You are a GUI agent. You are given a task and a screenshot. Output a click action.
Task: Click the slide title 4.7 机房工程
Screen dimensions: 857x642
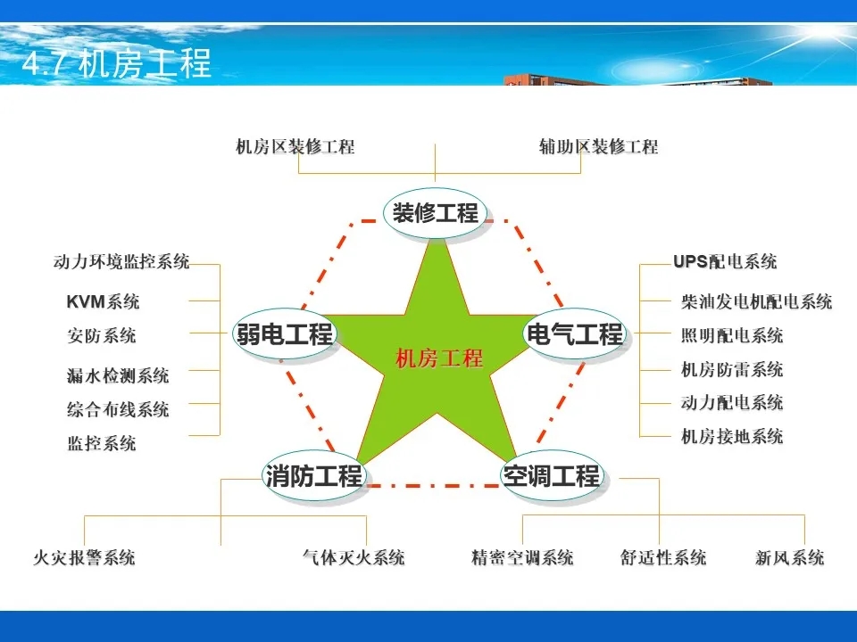point(116,63)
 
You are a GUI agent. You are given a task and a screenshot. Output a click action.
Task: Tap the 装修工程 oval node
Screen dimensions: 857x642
point(435,213)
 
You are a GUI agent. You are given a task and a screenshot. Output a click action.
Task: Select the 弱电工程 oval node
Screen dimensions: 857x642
point(284,333)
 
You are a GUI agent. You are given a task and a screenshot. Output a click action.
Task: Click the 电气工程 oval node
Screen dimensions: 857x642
point(574,333)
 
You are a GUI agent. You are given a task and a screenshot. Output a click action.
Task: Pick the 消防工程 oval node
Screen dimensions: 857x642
point(313,475)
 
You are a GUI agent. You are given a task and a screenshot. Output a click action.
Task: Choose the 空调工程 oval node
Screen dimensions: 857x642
point(552,475)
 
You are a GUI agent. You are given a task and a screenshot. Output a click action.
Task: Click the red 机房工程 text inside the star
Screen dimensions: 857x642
point(439,358)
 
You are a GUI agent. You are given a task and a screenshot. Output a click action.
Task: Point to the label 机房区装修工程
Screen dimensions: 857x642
point(295,146)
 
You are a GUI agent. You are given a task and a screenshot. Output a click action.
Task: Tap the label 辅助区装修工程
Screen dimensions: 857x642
point(598,146)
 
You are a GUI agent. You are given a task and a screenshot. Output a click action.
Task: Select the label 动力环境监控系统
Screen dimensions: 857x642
point(121,261)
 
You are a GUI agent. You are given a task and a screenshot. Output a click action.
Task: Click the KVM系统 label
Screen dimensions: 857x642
point(103,301)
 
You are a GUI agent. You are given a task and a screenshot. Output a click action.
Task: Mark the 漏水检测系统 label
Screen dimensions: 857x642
point(118,375)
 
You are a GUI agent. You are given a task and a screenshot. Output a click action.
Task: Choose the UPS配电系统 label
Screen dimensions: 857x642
point(725,261)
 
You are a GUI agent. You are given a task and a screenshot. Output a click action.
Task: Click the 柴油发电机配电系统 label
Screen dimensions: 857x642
point(756,301)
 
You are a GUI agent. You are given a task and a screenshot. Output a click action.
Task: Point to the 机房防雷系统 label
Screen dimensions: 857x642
point(732,369)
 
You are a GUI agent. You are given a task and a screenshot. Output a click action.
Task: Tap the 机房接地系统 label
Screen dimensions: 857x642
point(732,436)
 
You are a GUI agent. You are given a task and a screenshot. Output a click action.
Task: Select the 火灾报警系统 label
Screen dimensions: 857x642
point(84,557)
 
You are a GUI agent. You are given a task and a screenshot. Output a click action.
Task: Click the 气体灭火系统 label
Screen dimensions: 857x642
point(354,557)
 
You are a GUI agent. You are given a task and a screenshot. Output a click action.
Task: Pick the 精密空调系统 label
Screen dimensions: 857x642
point(522,557)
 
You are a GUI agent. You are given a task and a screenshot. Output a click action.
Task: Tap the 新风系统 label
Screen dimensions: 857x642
point(790,557)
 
